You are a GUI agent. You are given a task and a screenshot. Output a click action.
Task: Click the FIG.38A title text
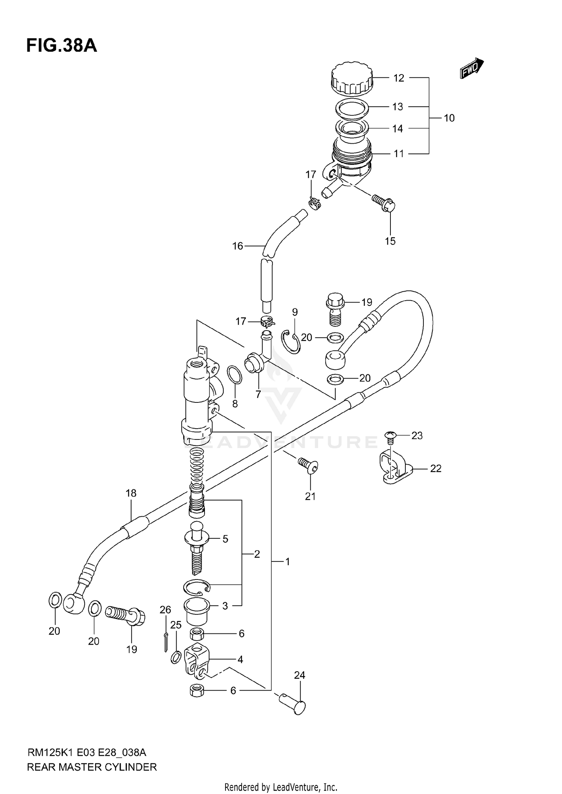point(61,46)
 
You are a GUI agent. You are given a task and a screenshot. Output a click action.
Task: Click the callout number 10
point(449,118)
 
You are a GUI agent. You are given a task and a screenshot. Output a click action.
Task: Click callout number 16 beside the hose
point(238,246)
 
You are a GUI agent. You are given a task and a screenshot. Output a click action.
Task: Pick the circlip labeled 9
point(291,341)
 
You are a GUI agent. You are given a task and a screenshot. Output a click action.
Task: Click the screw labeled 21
point(308,465)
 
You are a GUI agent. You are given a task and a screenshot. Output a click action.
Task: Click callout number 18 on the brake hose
point(131,493)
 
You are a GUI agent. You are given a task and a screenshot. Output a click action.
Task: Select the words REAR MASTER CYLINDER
point(92,767)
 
